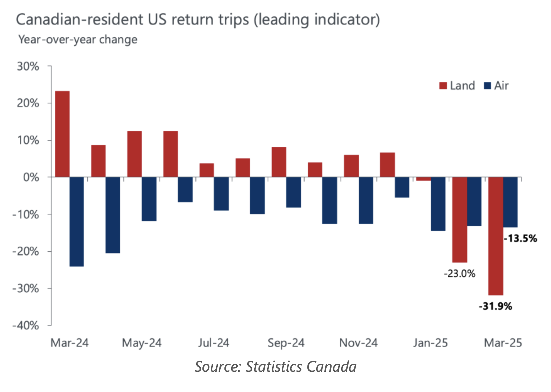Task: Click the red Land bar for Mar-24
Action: [62, 134]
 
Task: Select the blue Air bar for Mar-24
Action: [77, 222]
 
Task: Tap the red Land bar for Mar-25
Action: [496, 236]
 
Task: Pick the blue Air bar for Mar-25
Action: [510, 202]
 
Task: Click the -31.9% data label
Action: [495, 306]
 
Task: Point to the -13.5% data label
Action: [520, 238]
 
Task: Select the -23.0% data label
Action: [459, 274]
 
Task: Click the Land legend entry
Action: [457, 86]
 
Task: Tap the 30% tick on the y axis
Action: [28, 66]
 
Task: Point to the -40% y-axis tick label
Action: [26, 325]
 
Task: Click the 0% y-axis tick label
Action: [31, 177]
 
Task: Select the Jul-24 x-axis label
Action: [214, 343]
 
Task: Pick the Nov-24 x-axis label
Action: [358, 343]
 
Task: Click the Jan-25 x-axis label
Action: [430, 343]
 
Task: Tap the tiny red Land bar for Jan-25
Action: [423, 179]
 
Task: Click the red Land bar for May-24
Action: [134, 154]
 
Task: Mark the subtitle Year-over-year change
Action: [78, 39]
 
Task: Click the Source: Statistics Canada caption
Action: [275, 366]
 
